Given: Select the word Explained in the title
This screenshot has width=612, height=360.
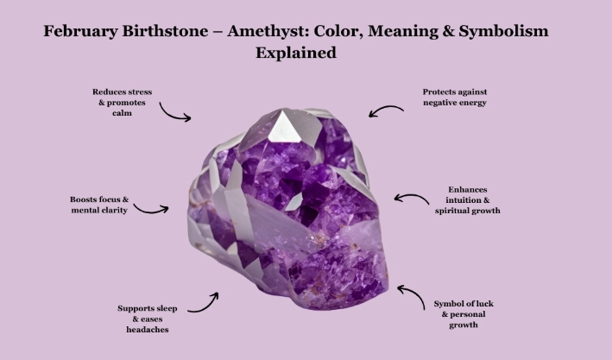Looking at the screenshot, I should click(295, 53).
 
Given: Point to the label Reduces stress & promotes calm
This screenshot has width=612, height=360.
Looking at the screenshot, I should click(122, 102).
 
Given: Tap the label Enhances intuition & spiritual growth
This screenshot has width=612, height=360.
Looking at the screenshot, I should click(474, 199).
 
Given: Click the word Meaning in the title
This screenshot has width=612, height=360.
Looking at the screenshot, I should click(414, 32).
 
